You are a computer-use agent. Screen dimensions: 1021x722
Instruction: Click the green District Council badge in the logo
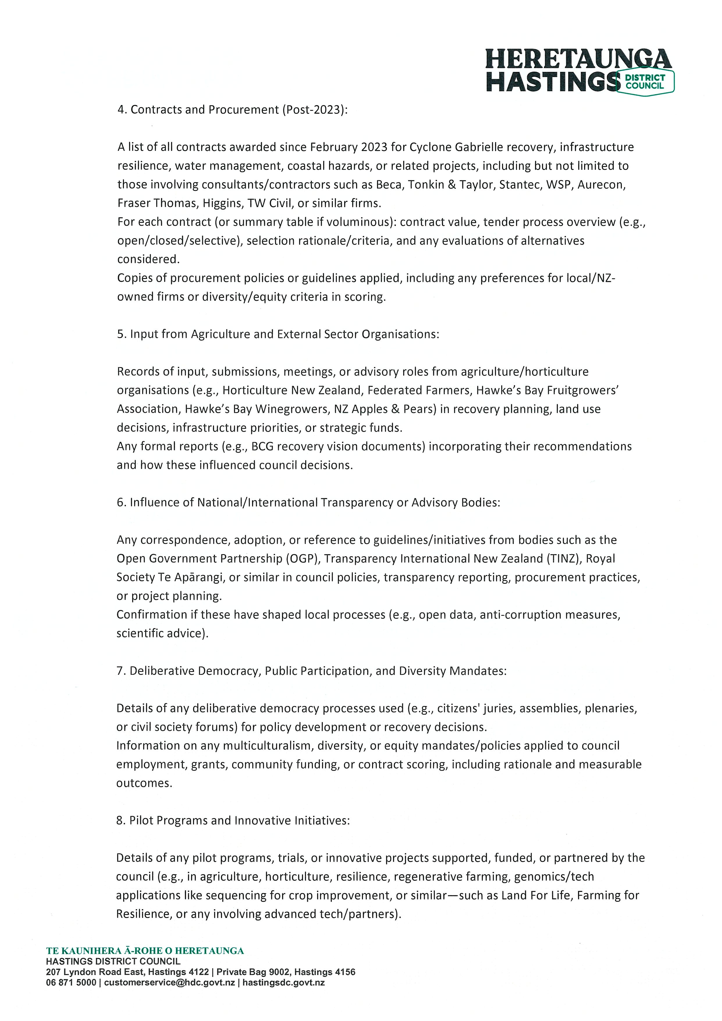[x=645, y=81]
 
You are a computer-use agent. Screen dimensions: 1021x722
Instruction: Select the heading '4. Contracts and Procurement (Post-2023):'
[x=232, y=110]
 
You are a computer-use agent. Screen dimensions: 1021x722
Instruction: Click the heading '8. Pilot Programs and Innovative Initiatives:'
[x=233, y=821]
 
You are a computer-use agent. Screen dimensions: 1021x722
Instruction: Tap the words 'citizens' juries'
[x=476, y=708]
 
